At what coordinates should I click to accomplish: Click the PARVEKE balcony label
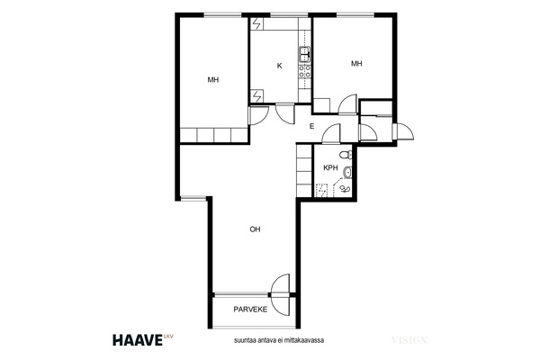[250, 310]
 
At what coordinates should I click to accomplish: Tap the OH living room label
[255, 229]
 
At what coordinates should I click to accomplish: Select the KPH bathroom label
[330, 168]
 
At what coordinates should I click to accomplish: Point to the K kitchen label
[280, 66]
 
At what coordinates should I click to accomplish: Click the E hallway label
[312, 126]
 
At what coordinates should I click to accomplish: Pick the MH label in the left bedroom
[213, 80]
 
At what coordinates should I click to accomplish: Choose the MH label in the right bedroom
[356, 63]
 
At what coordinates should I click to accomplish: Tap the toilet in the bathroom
[346, 155]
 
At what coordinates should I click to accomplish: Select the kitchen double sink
[305, 55]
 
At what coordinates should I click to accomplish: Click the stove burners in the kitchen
[305, 71]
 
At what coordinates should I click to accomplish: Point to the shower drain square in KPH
[321, 190]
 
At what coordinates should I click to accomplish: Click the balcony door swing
[279, 294]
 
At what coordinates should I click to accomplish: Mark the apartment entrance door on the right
[403, 131]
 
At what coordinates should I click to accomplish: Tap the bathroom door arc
[330, 134]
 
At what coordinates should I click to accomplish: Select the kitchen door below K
[285, 113]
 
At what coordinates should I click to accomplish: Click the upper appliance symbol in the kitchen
[256, 23]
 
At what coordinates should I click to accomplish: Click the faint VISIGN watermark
[409, 340]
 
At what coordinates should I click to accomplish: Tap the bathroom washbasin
[347, 172]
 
